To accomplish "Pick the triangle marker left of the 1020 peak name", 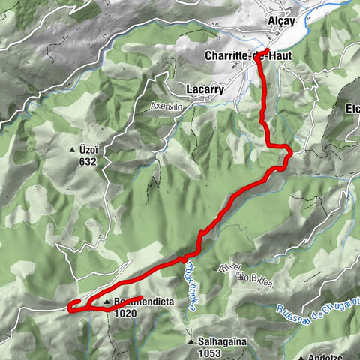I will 107,302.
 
